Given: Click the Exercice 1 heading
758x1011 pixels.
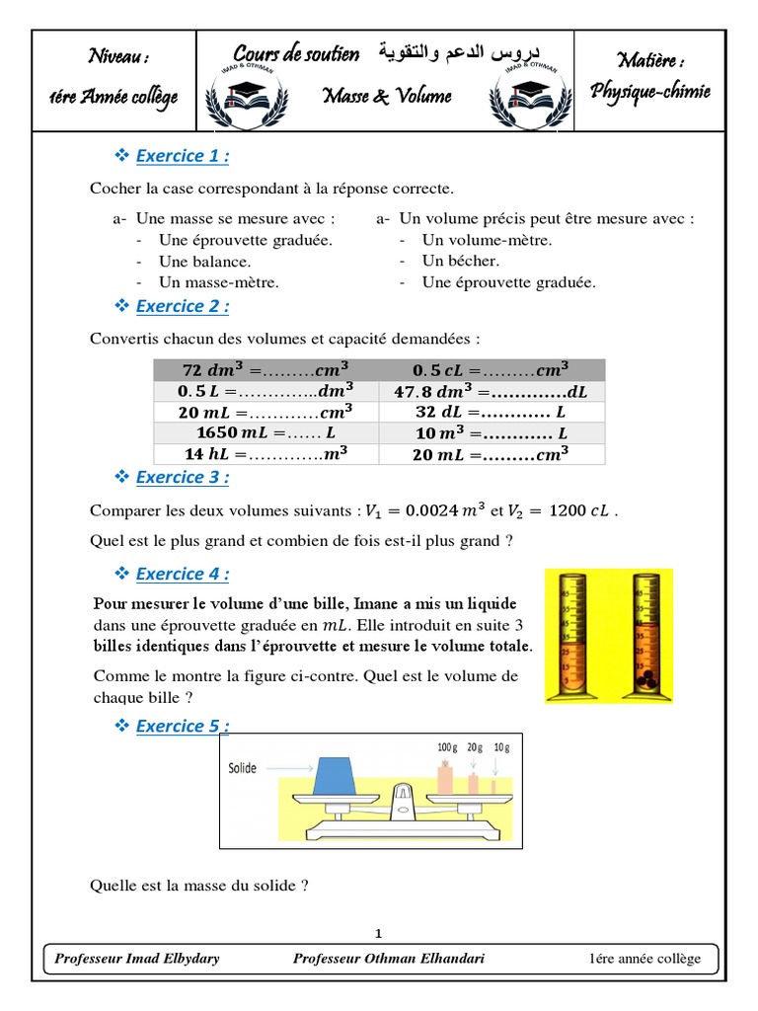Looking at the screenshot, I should (x=183, y=156).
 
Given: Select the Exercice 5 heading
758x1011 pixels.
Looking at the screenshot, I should (x=183, y=726).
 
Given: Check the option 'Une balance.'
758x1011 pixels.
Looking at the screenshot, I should (x=205, y=262).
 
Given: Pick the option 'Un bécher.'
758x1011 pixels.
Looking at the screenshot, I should (x=461, y=261).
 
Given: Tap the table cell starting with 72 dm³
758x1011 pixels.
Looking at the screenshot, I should (x=266, y=369).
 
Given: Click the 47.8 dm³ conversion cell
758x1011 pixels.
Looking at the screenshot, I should (x=491, y=391).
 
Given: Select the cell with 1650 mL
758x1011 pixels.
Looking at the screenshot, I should (x=266, y=433).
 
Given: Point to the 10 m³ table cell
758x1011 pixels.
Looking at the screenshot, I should (x=491, y=433).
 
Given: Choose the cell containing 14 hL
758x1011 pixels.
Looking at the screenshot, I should (x=266, y=454).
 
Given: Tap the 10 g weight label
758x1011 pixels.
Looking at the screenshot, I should (x=502, y=747).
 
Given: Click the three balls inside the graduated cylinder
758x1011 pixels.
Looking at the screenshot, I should (x=645, y=682).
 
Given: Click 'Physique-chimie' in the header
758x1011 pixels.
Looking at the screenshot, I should (x=649, y=92).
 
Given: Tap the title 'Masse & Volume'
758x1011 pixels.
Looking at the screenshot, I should (x=387, y=95).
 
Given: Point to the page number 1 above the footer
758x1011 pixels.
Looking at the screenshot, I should (x=379, y=933).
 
